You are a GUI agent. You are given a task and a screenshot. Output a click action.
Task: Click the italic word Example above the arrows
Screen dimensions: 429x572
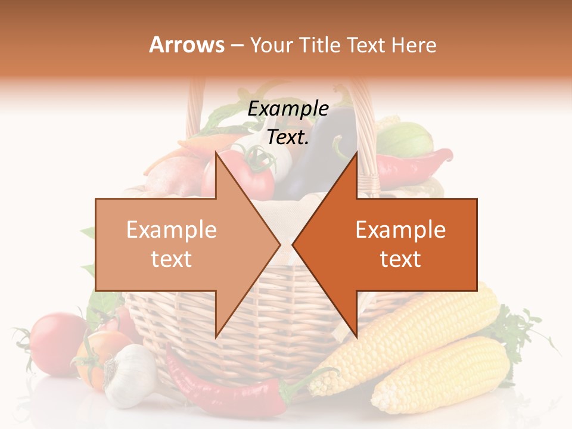pyautogui.click(x=288, y=108)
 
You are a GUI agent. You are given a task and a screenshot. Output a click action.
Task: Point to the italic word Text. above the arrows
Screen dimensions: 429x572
pyautogui.click(x=288, y=138)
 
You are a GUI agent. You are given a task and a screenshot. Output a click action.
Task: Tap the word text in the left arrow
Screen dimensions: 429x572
pyautogui.click(x=171, y=259)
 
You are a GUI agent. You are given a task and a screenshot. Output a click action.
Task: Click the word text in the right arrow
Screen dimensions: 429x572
pyautogui.click(x=400, y=259)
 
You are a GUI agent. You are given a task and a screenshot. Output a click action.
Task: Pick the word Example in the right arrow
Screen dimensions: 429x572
pyautogui.click(x=400, y=230)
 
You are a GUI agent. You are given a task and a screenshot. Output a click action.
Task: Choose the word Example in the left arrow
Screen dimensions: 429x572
pyautogui.click(x=171, y=230)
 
